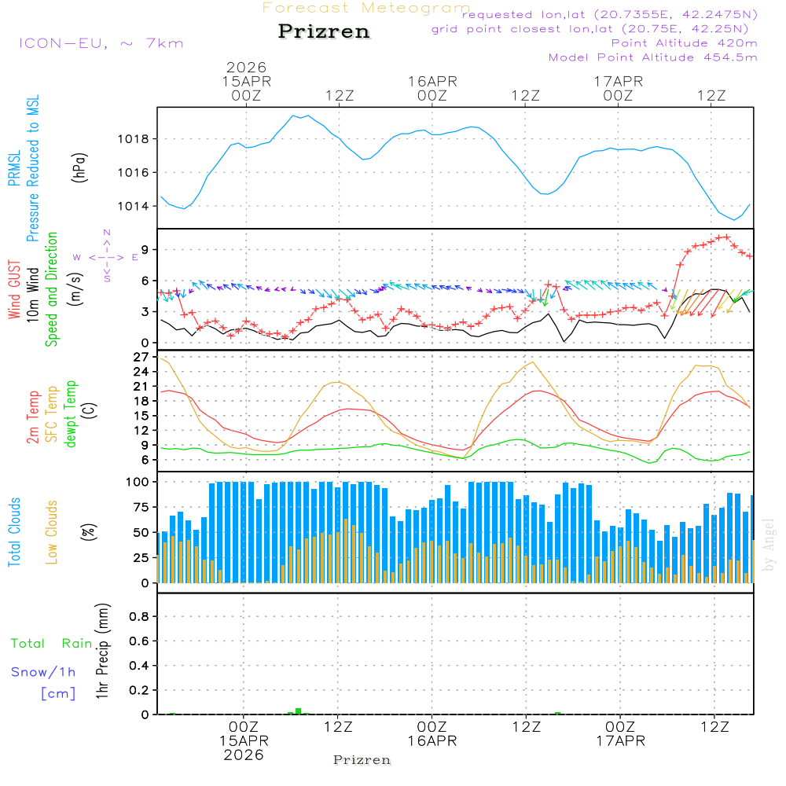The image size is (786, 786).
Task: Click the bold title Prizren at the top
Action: tap(324, 32)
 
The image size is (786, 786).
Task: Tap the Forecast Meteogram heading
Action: tap(366, 8)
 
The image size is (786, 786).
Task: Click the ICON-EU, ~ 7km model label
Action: tap(101, 43)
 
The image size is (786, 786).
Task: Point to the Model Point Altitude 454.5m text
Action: tap(652, 57)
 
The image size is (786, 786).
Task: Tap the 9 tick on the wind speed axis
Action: tap(144, 249)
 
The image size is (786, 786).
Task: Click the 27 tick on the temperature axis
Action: tap(141, 357)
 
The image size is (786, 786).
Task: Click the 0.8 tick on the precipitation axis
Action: tap(139, 617)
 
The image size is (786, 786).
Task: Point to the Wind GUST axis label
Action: tap(15, 291)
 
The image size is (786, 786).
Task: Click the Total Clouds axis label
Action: tap(15, 532)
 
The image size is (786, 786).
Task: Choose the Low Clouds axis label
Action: tap(52, 531)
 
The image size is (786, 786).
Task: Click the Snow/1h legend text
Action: tap(44, 672)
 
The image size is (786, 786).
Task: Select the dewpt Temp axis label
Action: tap(71, 414)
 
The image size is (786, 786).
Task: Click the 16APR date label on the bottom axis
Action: tap(432, 740)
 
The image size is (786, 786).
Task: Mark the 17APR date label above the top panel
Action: tap(619, 81)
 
